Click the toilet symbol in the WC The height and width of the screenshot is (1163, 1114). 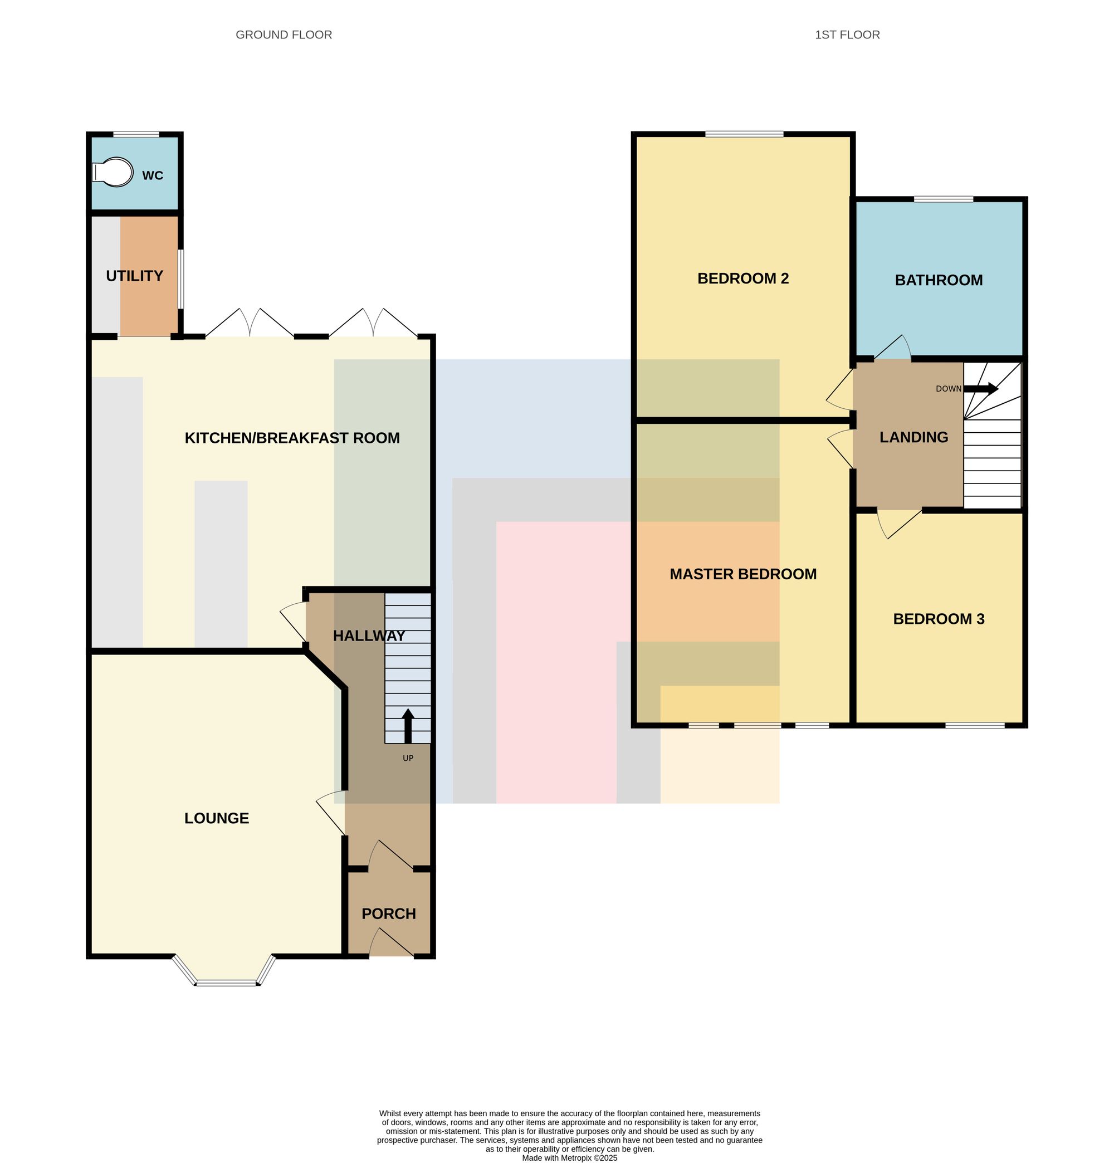[x=113, y=172]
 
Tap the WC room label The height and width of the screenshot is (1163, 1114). [x=153, y=175]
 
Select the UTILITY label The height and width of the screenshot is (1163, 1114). [x=134, y=276]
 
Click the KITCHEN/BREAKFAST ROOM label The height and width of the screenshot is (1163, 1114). [x=292, y=438]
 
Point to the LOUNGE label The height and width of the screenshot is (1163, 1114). [x=217, y=818]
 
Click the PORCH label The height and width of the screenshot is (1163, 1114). [x=389, y=914]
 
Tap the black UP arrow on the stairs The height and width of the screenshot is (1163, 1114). [x=408, y=726]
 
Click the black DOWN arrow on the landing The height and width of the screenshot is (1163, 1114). [x=980, y=389]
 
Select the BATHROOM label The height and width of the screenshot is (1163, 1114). [x=939, y=280]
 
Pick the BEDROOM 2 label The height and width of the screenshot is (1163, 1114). [x=743, y=278]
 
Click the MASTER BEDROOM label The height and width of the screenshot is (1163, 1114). [x=743, y=574]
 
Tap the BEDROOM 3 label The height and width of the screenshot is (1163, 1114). [x=939, y=619]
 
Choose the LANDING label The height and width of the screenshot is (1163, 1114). [x=913, y=437]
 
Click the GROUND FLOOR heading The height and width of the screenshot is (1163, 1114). [x=284, y=35]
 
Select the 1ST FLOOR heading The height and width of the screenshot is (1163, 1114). [x=847, y=35]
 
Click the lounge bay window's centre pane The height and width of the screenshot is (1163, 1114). [x=227, y=983]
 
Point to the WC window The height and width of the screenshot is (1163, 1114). [x=136, y=135]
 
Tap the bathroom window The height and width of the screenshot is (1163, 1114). [x=943, y=199]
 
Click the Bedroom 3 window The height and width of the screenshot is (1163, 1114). [x=975, y=725]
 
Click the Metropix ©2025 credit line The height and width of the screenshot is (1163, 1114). [x=570, y=1157]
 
